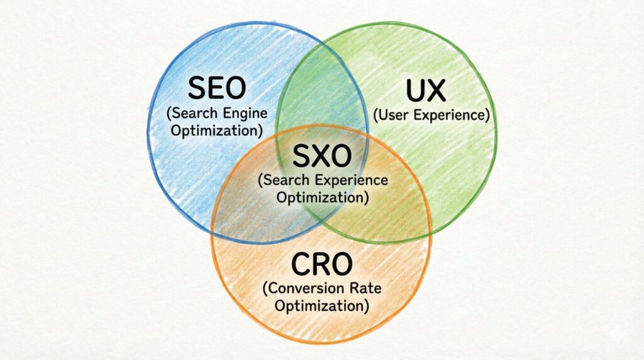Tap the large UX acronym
[426, 92]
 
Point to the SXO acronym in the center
[321, 155]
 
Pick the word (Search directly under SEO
[189, 114]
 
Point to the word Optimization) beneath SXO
[321, 197]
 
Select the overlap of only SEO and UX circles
[321, 94]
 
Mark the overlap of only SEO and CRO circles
[242, 201]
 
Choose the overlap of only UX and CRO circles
[402, 201]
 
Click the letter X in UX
[437, 92]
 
